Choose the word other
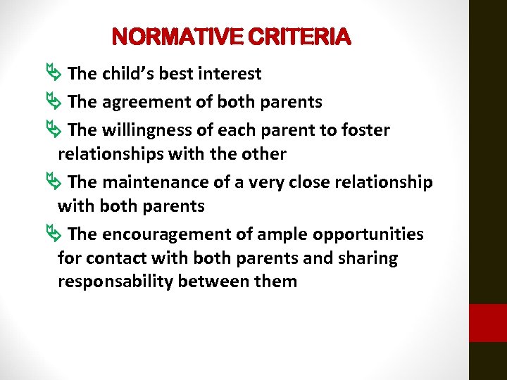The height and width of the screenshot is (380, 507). pos(262,154)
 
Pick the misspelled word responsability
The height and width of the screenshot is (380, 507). pos(118,282)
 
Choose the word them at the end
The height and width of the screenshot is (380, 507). pos(275,282)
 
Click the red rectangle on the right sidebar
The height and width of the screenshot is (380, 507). pos(487,323)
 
